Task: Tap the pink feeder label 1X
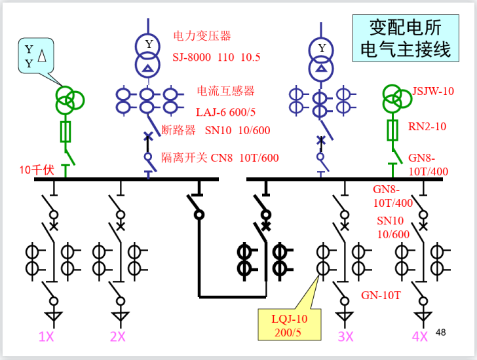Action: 47,336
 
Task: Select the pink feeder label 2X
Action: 118,336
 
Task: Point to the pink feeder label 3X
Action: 345,336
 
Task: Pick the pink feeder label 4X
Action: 419,336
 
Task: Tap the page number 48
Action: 440,333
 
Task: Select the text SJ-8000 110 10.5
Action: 216,58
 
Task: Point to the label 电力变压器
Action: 202,36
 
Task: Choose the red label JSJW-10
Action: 432,91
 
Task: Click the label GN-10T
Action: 381,295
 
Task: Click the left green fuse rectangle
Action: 66,131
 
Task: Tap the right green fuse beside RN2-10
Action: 392,131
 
